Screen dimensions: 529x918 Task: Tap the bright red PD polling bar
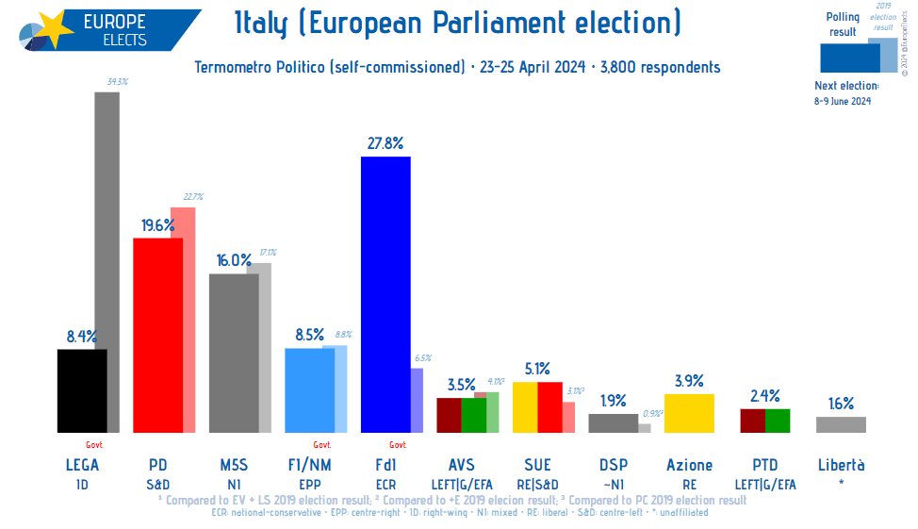click(157, 335)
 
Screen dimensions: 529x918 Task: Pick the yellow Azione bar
click(689, 413)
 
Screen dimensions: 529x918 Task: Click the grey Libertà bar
click(841, 424)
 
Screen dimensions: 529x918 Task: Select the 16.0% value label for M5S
click(234, 260)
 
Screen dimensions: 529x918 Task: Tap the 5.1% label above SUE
click(537, 369)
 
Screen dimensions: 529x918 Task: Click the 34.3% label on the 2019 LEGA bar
click(118, 82)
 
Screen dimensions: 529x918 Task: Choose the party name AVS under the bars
click(462, 465)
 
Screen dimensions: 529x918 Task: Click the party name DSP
click(614, 465)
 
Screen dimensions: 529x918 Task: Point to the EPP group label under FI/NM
click(309, 483)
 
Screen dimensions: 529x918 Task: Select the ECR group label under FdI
click(385, 483)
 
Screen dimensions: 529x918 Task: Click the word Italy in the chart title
click(263, 24)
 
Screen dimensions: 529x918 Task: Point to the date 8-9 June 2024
click(844, 101)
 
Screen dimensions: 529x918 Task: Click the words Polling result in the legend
click(843, 25)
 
